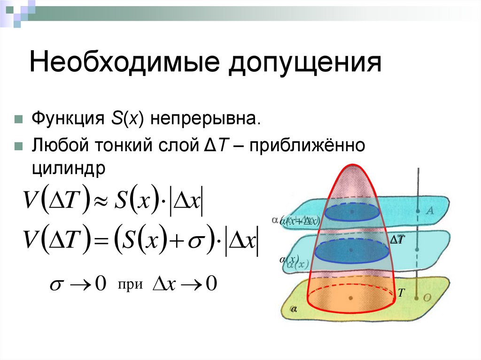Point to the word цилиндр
click(70, 168)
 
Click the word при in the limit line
click(130, 284)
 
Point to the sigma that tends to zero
click(55, 285)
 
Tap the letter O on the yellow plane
click(428, 297)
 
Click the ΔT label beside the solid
click(397, 240)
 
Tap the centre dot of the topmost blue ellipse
click(352, 212)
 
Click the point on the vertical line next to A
click(418, 211)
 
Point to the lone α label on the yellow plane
click(294, 309)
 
